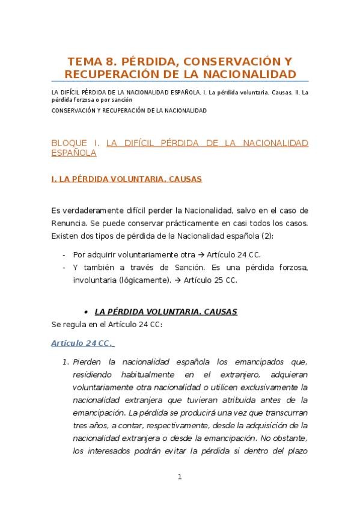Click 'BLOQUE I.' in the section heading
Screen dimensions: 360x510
[76, 143]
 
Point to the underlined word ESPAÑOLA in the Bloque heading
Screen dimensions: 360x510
[75, 153]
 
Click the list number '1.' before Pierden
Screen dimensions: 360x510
[66, 362]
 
